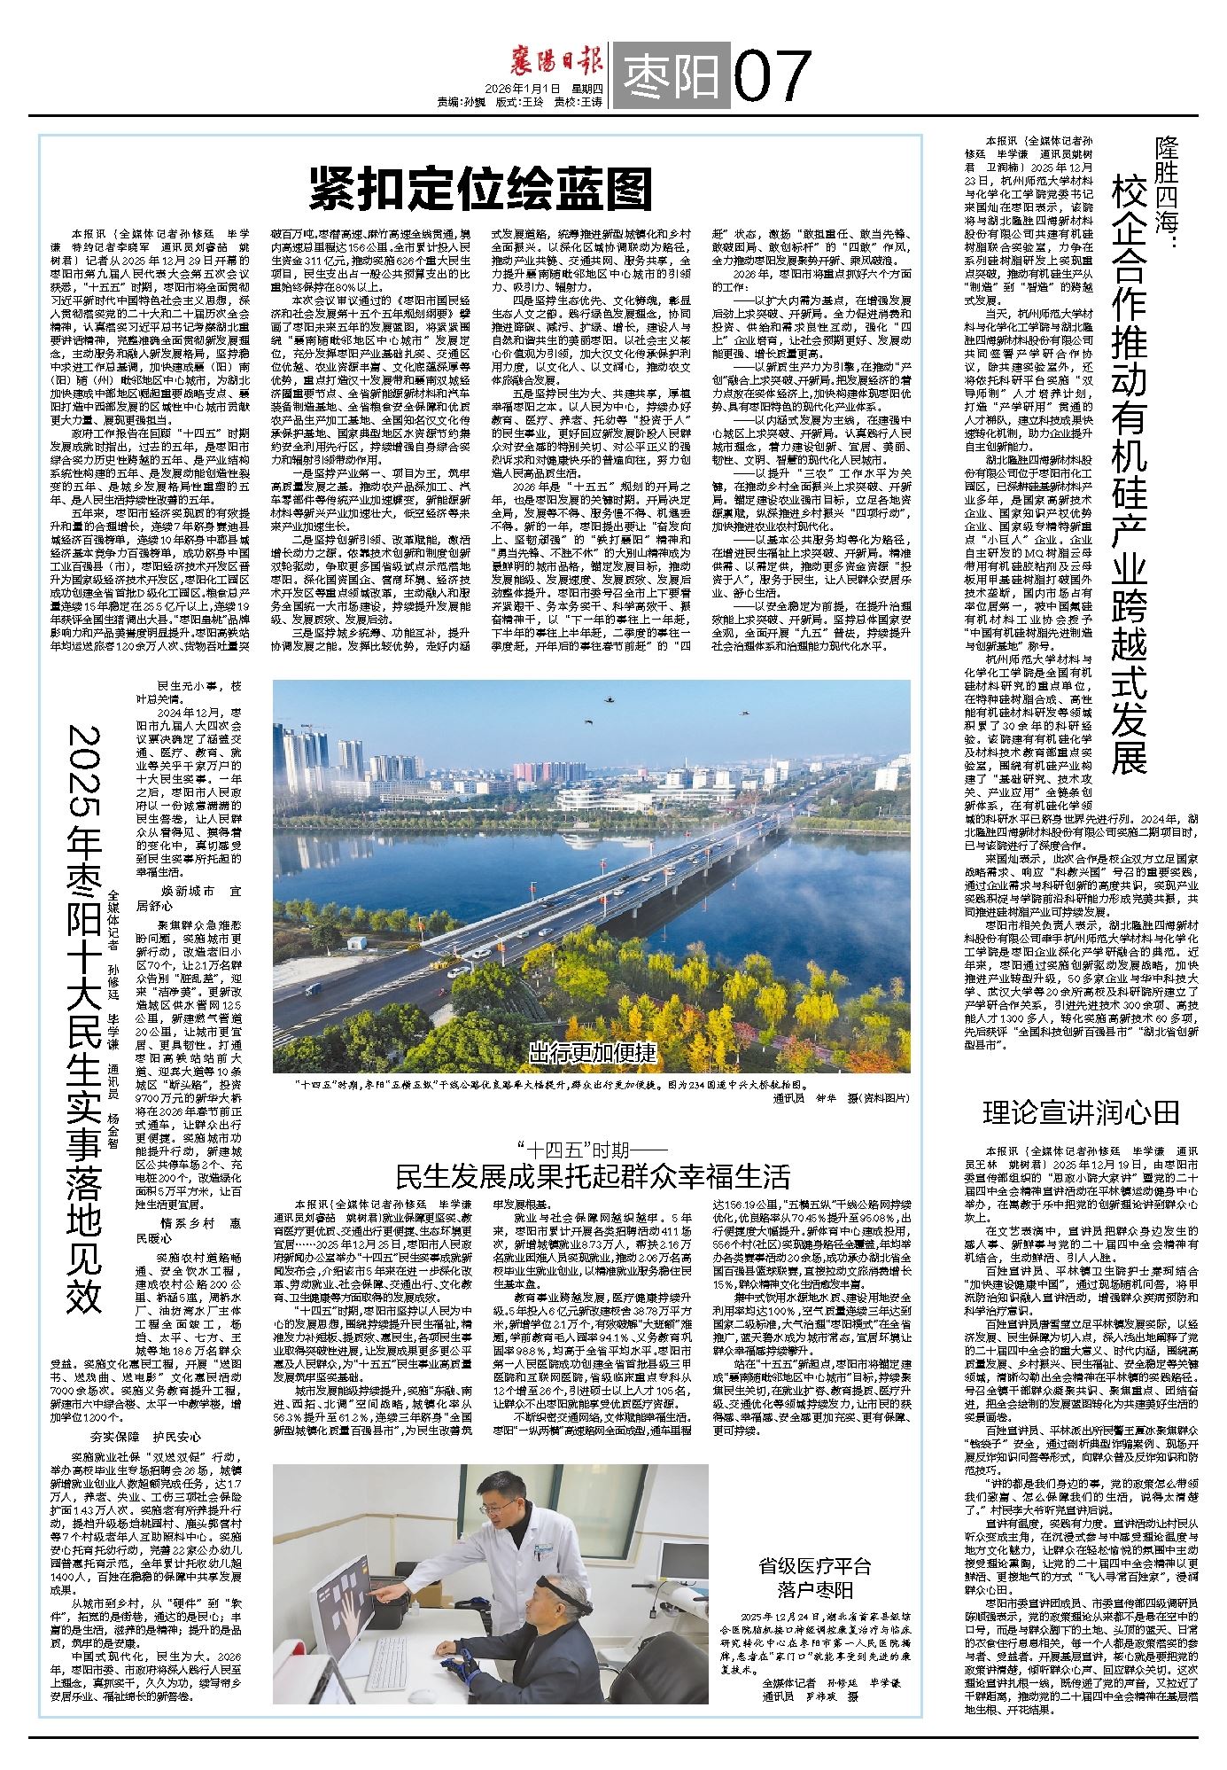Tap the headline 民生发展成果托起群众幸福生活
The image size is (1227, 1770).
[593, 1176]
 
